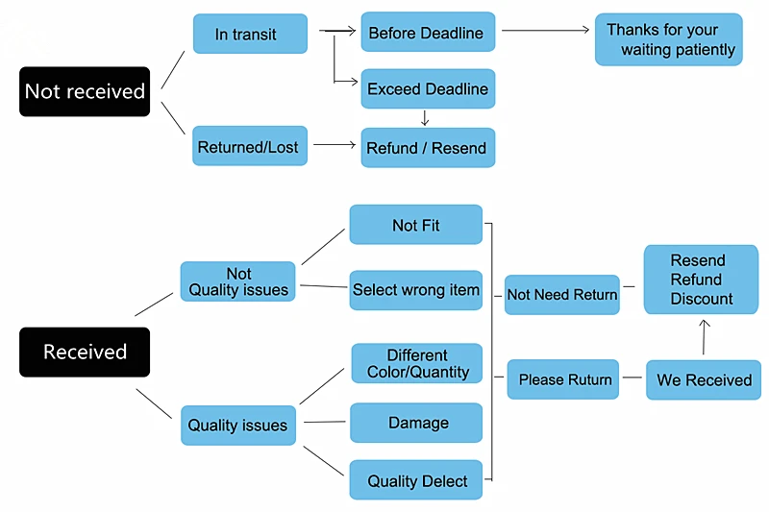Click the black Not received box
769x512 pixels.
coord(85,91)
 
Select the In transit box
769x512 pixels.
coord(250,34)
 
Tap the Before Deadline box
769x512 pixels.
coord(428,32)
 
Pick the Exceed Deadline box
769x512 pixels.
coord(428,88)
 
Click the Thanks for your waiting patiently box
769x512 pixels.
coord(669,39)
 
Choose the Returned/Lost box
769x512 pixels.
coord(250,146)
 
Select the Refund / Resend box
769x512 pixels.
coord(428,148)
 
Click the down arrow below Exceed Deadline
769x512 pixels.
coord(425,118)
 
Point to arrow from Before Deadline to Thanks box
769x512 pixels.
coord(545,31)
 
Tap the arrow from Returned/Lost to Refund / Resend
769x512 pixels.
coord(335,144)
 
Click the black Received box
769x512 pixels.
coord(85,352)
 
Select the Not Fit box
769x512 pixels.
coord(416,225)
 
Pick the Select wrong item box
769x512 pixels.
coord(416,290)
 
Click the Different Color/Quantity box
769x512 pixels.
coord(417,363)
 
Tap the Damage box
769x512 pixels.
coord(416,423)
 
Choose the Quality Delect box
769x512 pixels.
coord(416,479)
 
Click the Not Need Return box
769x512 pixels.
coord(562,295)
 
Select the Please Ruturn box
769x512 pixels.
coord(563,379)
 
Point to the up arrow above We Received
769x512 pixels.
coord(705,337)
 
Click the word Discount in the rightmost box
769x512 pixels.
coord(702,299)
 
